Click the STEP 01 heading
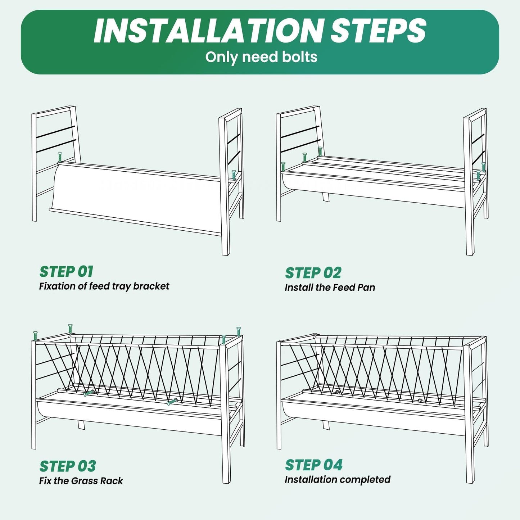(66, 271)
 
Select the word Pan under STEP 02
(366, 288)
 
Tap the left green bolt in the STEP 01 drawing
(60, 157)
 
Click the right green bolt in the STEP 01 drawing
(234, 175)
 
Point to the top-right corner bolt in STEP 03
(238, 331)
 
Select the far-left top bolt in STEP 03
(35, 336)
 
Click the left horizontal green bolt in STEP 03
(89, 393)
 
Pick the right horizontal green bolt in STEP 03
(172, 402)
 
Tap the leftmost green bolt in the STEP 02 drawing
(283, 167)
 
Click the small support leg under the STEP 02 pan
(326, 197)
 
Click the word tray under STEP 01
(121, 286)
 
